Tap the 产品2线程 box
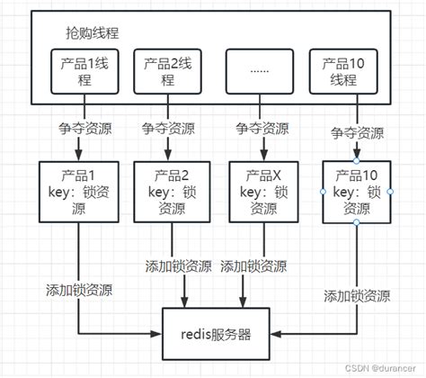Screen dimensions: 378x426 (168, 71)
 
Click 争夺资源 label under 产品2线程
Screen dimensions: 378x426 (168, 129)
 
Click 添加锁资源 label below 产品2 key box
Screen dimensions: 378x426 (179, 266)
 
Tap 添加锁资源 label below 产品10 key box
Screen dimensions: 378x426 (357, 296)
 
